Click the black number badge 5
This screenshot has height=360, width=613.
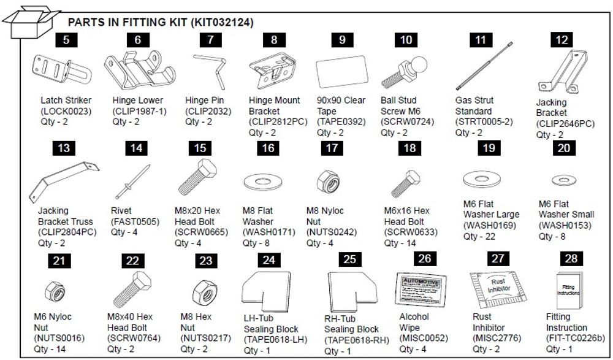click(67, 40)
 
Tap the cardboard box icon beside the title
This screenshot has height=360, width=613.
click(31, 20)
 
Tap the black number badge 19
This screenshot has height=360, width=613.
click(487, 148)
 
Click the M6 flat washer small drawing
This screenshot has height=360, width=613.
click(562, 180)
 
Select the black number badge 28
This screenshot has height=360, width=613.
click(571, 258)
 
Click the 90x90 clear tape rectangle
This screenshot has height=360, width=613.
click(341, 73)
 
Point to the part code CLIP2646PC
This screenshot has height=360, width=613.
click(565, 124)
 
